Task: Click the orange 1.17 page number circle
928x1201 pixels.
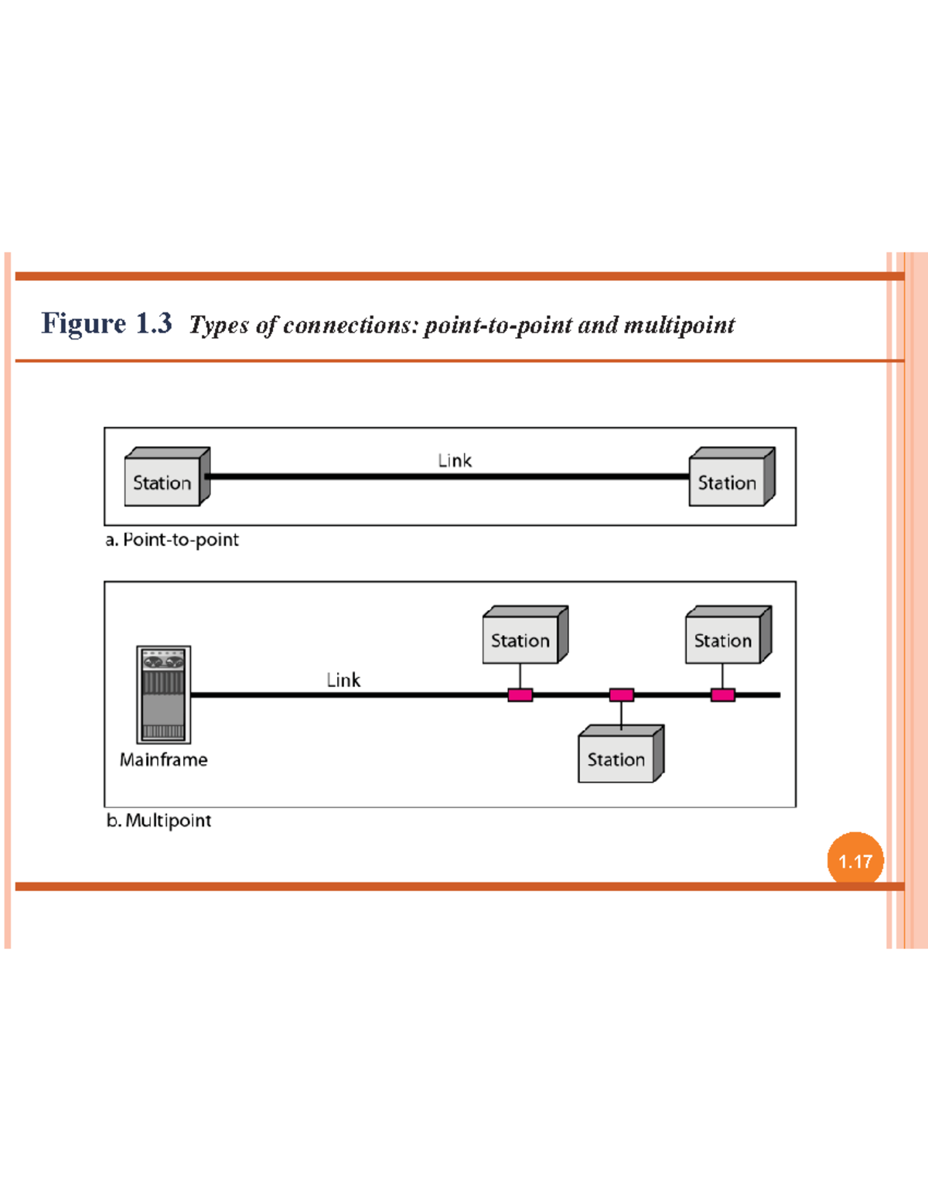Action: click(855, 860)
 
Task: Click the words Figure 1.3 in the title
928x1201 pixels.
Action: click(107, 323)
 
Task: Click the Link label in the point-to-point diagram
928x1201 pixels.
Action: click(454, 461)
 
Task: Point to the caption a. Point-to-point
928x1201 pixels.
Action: click(172, 540)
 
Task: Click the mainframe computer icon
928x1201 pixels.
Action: click(163, 694)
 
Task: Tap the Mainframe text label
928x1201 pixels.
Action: click(163, 760)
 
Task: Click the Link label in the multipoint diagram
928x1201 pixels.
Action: click(343, 680)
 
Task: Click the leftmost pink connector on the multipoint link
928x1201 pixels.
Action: click(520, 695)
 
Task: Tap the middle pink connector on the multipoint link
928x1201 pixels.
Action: click(621, 695)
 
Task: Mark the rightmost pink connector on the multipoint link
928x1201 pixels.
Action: click(722, 695)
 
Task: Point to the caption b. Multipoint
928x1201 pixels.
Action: click(159, 821)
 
